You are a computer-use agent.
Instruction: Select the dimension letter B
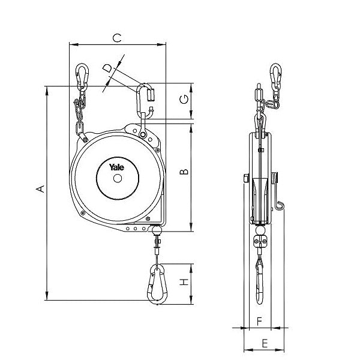point(185,172)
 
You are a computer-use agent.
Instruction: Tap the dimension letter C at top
point(118,38)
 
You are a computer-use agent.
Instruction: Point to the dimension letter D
point(107,68)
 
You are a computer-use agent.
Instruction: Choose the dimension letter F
point(259,322)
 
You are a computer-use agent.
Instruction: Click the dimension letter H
point(185,281)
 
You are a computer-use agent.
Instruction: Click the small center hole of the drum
point(117,178)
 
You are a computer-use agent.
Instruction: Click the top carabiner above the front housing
point(145,100)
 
